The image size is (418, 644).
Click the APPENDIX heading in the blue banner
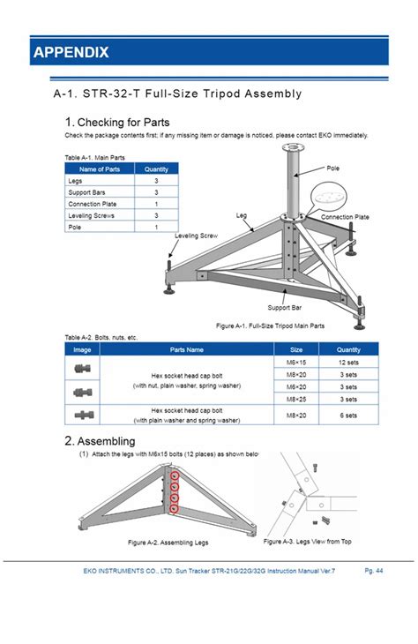71,52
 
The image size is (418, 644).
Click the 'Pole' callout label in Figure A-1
333,168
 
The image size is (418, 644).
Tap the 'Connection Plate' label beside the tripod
345,217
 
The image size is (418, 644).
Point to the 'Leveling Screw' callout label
197,236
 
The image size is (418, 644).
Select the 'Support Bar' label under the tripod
285,308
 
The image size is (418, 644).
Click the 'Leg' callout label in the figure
242,215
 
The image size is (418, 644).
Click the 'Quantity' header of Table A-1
156,169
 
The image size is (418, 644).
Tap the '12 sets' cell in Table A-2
348,363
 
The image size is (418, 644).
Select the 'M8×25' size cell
296,400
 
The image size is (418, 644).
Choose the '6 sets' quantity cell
348,416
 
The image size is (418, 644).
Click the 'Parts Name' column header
187,349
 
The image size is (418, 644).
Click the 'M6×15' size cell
296,363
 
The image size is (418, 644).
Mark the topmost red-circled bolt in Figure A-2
175,476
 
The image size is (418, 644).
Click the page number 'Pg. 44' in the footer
374,571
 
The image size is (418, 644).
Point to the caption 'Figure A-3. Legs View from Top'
307,542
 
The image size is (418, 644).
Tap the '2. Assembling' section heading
100,441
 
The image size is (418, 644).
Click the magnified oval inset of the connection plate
328,198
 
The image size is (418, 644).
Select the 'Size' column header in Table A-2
296,349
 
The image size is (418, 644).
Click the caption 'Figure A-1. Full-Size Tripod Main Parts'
270,326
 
